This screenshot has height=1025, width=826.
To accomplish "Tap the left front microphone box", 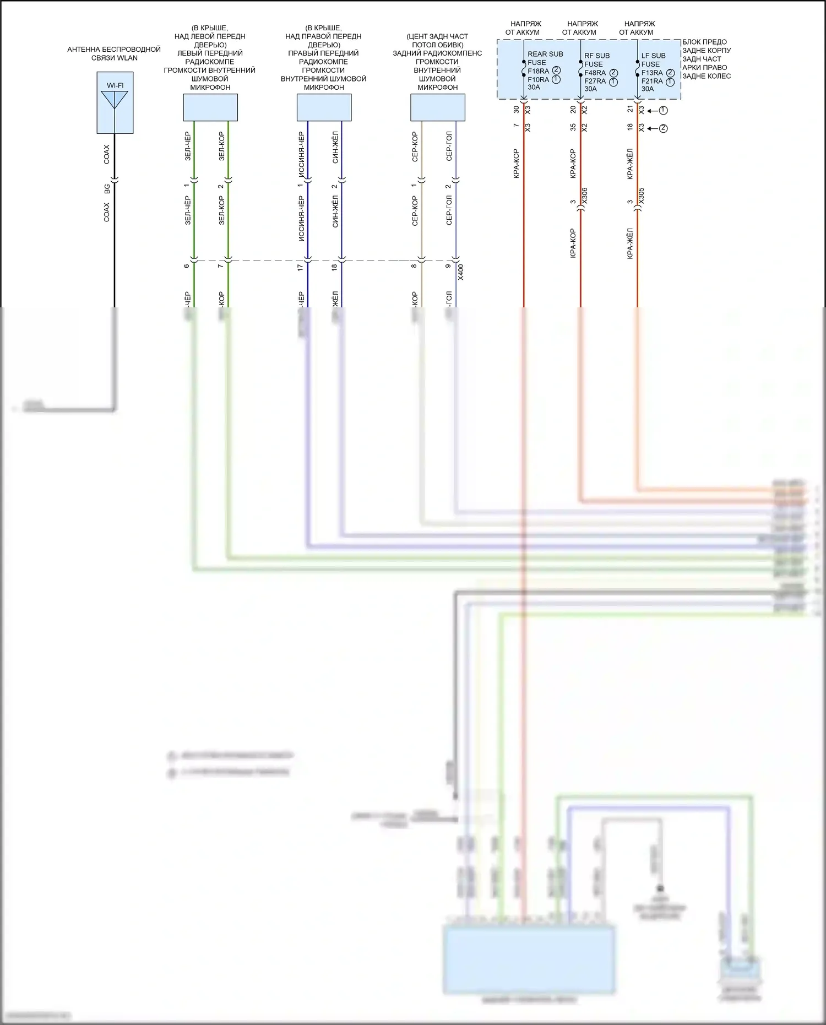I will tap(210, 107).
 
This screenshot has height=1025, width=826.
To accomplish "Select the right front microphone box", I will tap(324, 107).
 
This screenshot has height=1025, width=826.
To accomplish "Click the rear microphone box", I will tap(438, 107).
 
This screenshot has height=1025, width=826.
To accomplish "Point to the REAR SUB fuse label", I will tap(545, 54).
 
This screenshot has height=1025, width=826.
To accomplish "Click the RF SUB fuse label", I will tap(597, 56).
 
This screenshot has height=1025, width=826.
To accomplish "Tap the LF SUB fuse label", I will tap(654, 56).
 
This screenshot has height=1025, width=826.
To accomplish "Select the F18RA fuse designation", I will tap(538, 71).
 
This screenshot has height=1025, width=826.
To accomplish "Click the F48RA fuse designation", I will tap(595, 73).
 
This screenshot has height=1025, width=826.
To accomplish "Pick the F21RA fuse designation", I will tap(652, 81).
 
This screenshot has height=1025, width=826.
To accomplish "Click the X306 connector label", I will tap(585, 196).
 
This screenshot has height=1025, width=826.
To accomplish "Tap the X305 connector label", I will tap(642, 196).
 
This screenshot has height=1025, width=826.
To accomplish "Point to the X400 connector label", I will tap(461, 272).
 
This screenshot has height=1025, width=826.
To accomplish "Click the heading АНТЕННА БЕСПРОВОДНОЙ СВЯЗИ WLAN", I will tap(114, 53).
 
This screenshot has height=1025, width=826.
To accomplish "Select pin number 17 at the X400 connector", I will tap(300, 267).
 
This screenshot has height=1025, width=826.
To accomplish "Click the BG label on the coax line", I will tap(107, 188).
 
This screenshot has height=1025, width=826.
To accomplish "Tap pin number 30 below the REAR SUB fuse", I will tap(517, 110).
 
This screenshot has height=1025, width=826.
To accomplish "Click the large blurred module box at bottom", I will tap(529, 959).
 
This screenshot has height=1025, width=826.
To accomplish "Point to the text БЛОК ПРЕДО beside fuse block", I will tap(704, 42).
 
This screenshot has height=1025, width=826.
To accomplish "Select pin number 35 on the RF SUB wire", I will tap(573, 127).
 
